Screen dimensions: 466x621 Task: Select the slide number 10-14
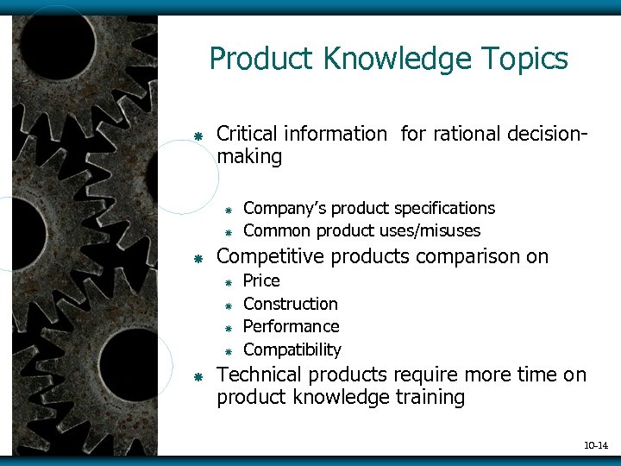[596, 445]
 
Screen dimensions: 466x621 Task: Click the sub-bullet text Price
[261, 280]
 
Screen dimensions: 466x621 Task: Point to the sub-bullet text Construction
[290, 304]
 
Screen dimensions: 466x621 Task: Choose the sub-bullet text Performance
[291, 326]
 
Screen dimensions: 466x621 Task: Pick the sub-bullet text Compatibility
[292, 349]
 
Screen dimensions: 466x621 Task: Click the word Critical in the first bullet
[248, 134]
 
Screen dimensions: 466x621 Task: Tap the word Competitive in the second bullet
[270, 256]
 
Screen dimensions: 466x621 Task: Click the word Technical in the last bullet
[258, 375]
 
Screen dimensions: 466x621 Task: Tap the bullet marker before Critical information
[198, 135]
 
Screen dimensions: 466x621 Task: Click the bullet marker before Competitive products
[198, 258]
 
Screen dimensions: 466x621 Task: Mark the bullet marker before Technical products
[198, 376]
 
